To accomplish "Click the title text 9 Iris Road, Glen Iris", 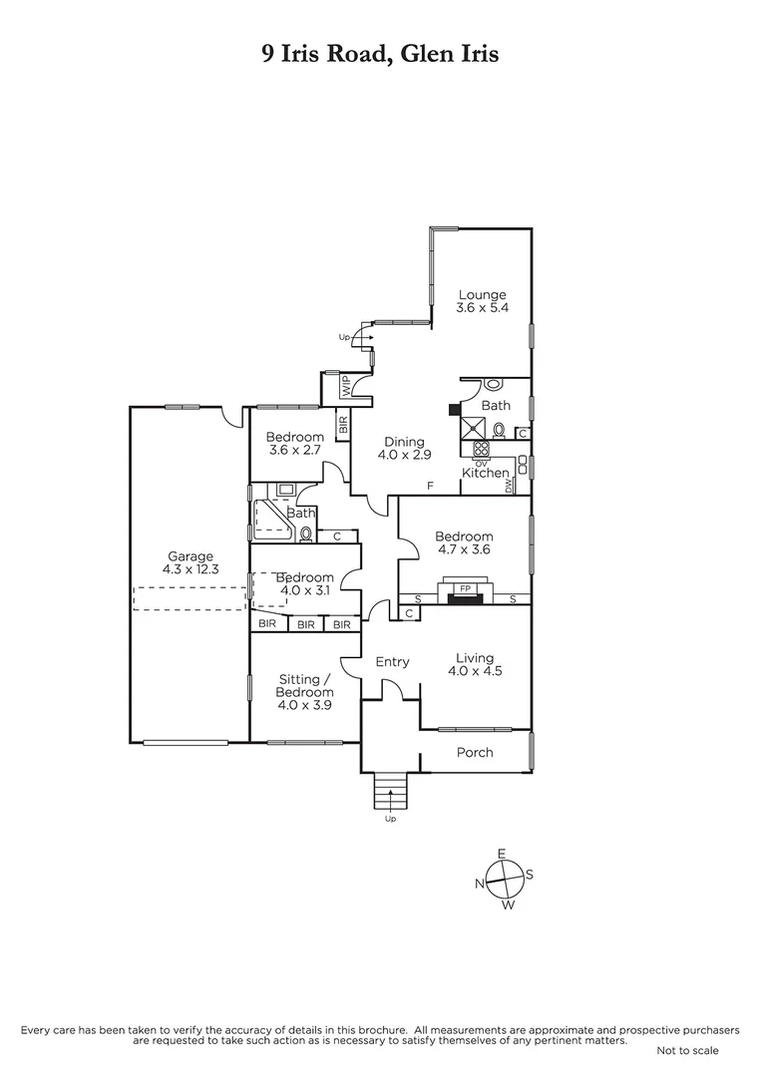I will tap(380, 54).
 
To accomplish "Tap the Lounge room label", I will tap(483, 294).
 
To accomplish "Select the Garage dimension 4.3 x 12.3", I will tap(190, 569).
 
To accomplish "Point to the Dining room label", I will tap(401, 442).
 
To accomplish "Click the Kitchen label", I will tap(485, 473).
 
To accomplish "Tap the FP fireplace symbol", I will tap(465, 588).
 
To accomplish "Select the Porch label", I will tap(475, 752).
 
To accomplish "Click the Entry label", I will tap(392, 661).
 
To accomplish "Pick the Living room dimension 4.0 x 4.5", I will tap(475, 671).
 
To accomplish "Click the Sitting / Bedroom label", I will tap(304, 686).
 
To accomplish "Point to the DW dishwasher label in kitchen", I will tap(509, 486).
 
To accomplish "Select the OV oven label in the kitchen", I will tap(480, 462).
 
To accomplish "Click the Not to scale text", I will tap(686, 1050).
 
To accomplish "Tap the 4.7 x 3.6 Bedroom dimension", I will tap(464, 549).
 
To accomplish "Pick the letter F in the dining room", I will tap(430, 486).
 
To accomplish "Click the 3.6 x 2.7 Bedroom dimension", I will tap(295, 450).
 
